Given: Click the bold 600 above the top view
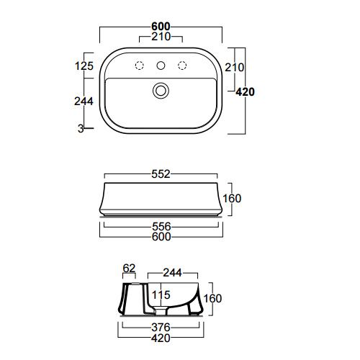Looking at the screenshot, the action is click(161, 27).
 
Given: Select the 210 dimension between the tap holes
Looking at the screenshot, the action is click(161, 37).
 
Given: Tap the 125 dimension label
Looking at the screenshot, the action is click(84, 66).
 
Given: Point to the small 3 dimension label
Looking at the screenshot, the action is click(81, 129).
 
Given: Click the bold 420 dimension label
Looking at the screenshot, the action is click(245, 92).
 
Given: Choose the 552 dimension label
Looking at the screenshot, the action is click(161, 174).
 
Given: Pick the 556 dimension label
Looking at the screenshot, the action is click(161, 227).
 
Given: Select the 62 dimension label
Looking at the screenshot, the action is click(129, 269).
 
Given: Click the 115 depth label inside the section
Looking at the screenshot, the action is click(161, 295).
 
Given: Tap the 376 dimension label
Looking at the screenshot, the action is click(161, 328).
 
